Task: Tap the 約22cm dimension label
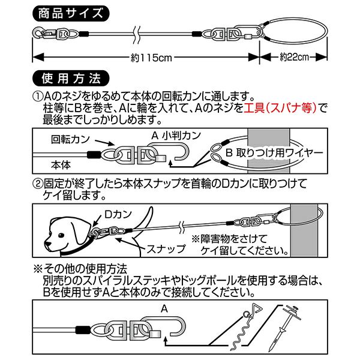click(294, 58)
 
